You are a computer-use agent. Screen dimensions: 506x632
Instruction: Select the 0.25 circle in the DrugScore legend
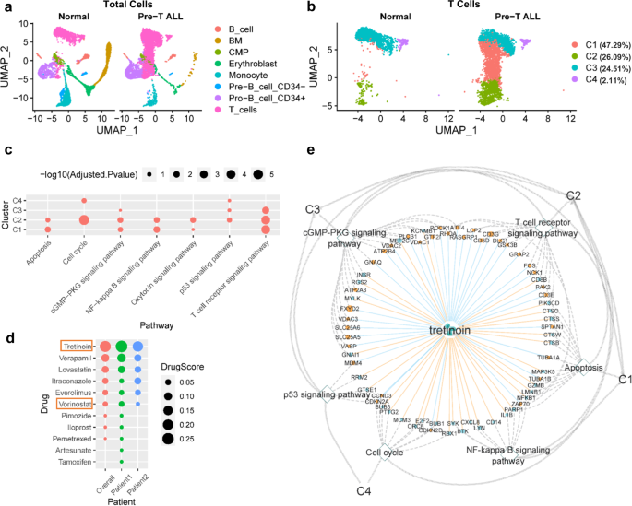coord(172,439)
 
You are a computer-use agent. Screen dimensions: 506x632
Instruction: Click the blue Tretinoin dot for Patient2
coord(137,346)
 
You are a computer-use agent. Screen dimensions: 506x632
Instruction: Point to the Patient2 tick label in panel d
coord(138,488)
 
